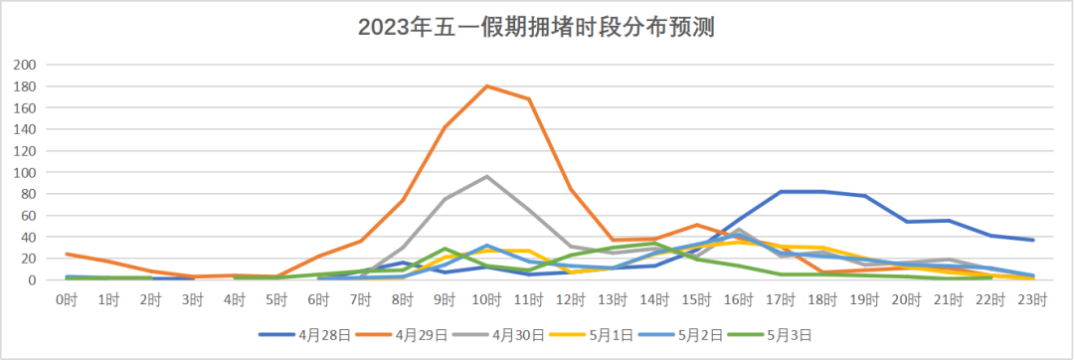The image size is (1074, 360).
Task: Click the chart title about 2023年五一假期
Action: coord(537,27)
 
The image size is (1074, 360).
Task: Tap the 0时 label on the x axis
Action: coord(67,297)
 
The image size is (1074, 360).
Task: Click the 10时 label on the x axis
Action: coord(486,297)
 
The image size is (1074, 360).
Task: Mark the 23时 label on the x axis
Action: coord(1033,297)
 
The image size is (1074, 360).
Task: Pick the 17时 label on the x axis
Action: coord(781,297)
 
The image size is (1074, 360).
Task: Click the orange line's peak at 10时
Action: coord(486,86)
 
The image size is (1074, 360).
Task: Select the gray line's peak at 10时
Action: coord(486,176)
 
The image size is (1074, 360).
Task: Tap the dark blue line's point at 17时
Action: coord(781,191)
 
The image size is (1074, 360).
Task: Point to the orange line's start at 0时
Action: coord(67,254)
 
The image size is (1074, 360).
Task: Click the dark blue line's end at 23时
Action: coord(1033,240)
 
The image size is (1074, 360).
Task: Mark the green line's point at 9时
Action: coord(445,249)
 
